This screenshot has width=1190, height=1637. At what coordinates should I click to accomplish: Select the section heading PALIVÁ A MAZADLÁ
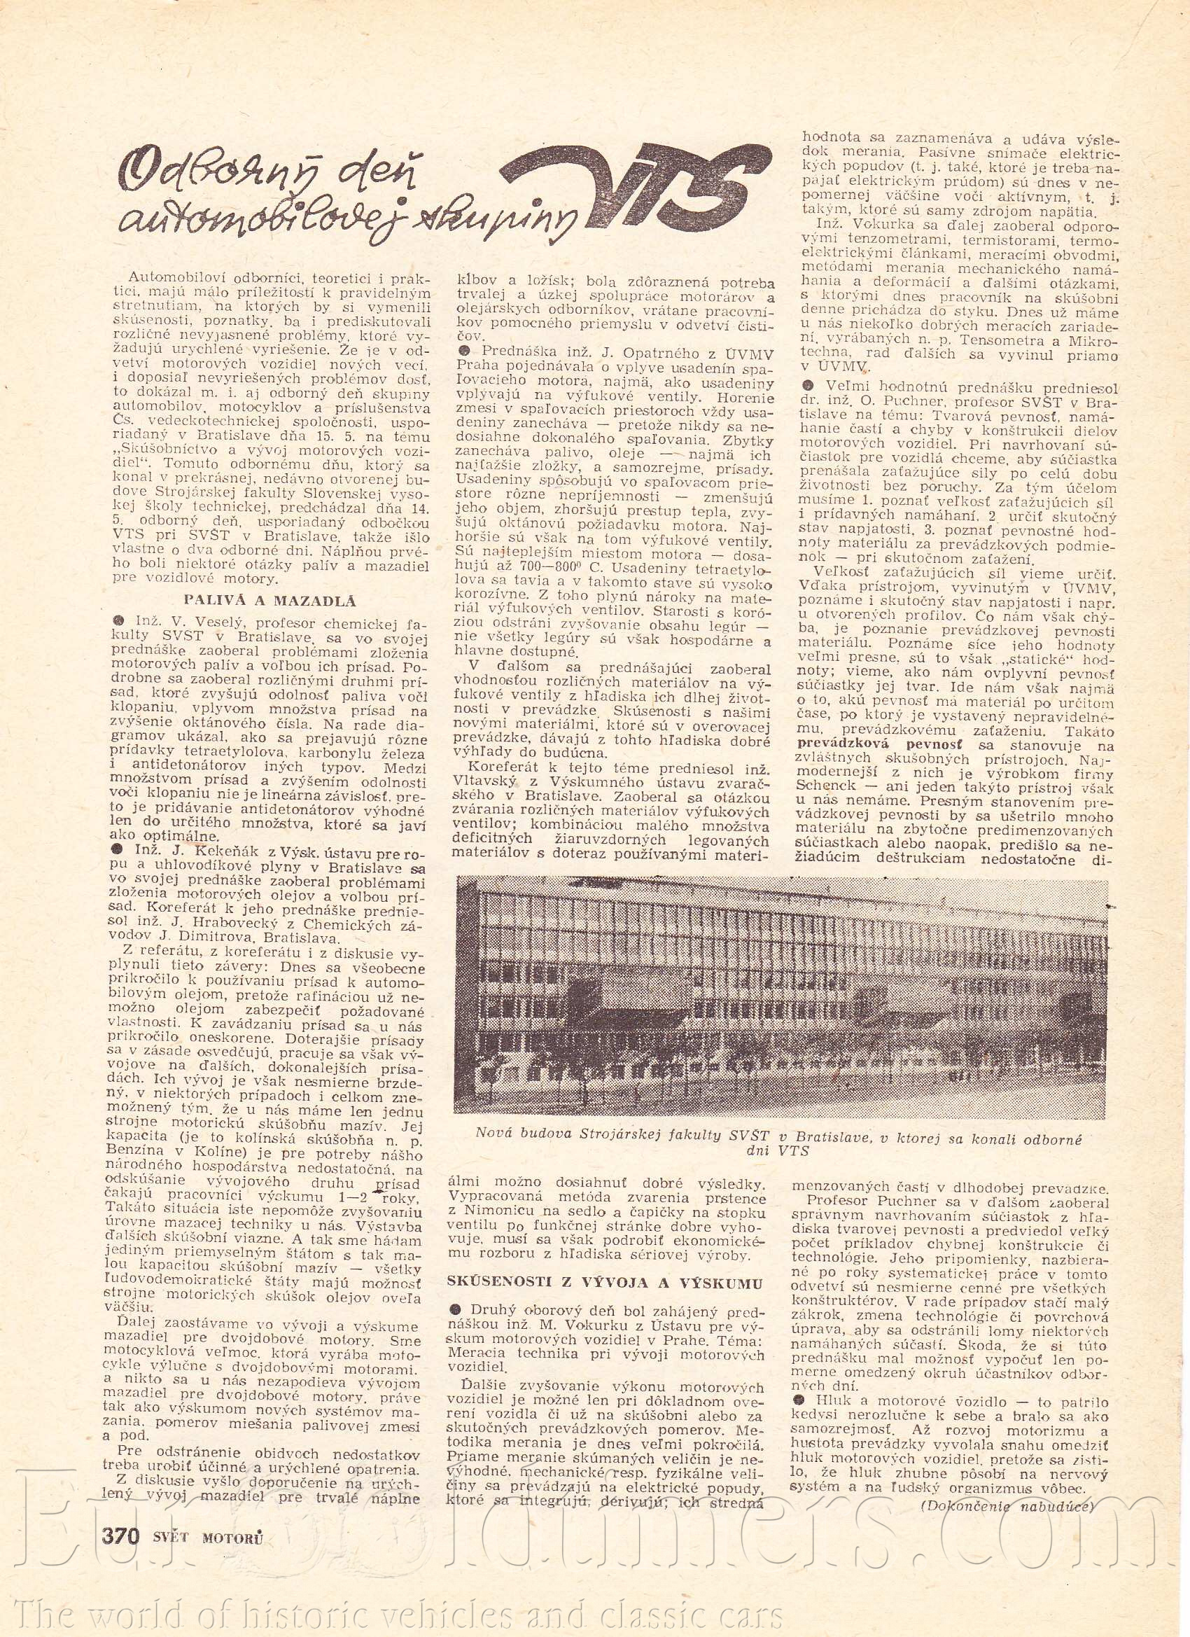coord(270,599)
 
